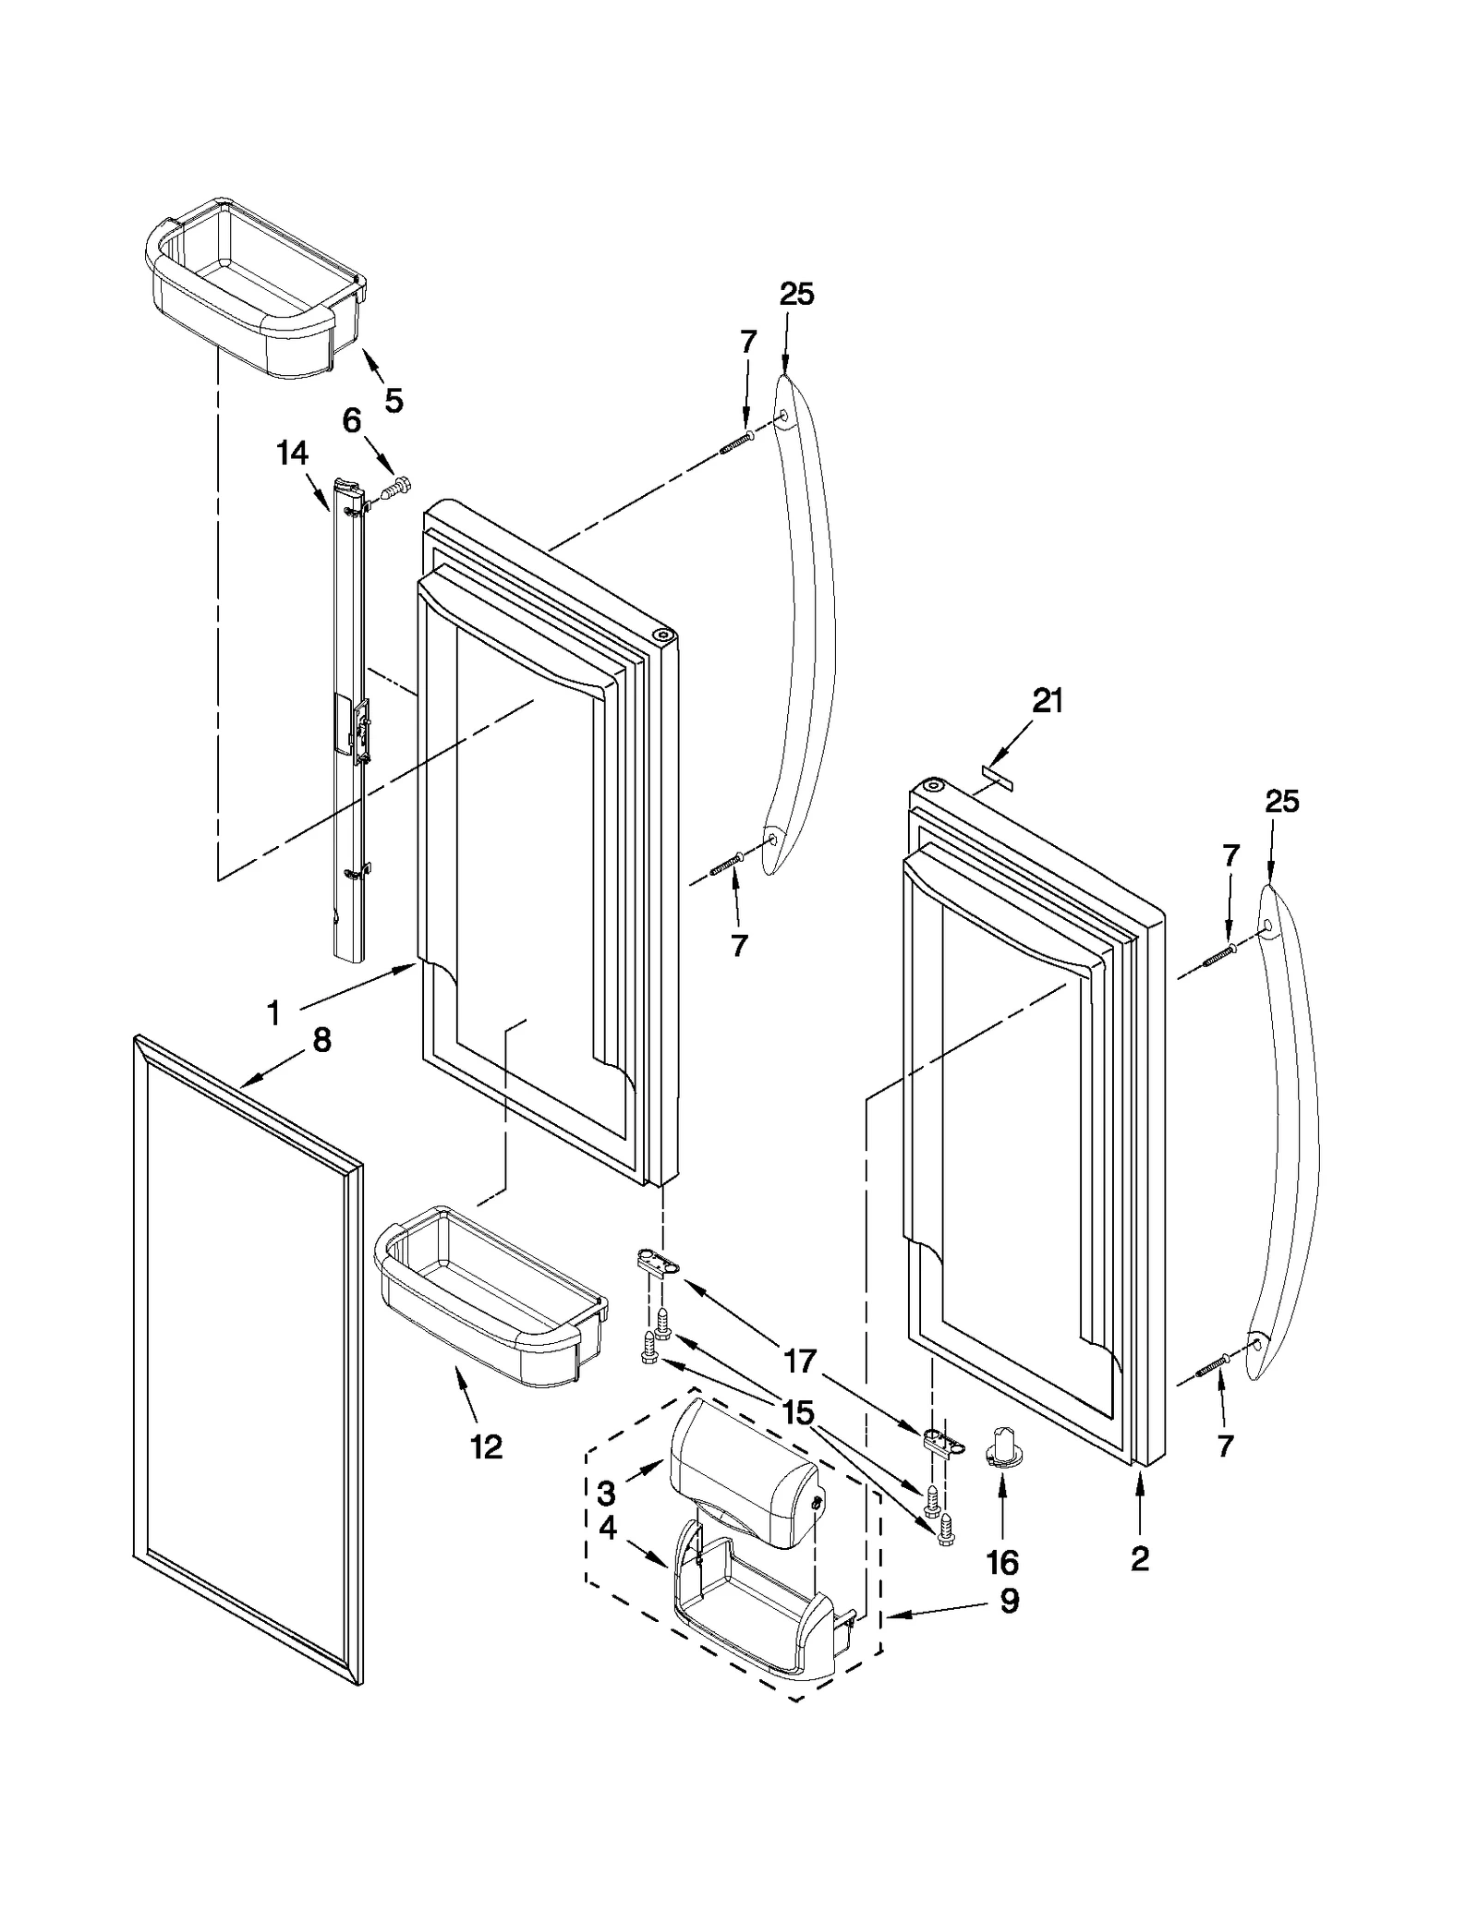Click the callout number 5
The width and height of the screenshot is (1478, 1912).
394,400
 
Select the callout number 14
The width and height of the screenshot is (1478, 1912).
292,453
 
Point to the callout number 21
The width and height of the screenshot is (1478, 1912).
1048,702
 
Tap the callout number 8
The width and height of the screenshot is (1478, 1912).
321,1040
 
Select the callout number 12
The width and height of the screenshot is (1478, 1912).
487,1446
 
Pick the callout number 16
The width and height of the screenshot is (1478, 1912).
1002,1563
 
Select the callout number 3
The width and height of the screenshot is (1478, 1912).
606,1493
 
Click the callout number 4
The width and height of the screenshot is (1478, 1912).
607,1529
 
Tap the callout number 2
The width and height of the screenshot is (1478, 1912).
1140,1559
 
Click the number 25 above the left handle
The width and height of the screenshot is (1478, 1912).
796,295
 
